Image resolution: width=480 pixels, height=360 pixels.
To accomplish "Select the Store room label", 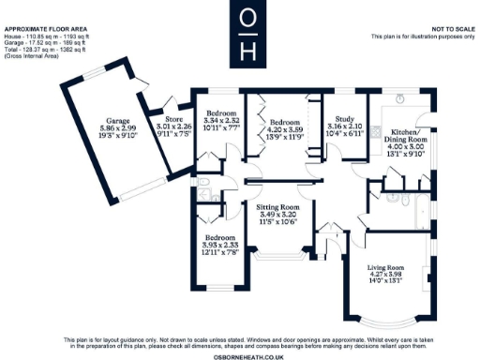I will click(173, 119).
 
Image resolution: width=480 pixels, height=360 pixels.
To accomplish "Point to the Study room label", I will click(342, 119).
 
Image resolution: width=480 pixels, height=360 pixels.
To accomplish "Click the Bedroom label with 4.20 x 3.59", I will click(284, 123).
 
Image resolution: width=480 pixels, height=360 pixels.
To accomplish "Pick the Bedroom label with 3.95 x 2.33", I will click(222, 238).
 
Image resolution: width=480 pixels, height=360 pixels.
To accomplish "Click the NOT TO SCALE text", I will click(450, 31).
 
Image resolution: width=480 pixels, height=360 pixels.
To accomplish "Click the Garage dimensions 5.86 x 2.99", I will click(117, 128).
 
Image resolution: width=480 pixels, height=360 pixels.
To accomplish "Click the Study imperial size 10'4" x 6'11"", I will click(342, 133).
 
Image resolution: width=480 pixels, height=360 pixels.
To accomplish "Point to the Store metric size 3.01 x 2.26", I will click(173, 126).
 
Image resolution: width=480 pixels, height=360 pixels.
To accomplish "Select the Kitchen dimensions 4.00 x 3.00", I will click(406, 147).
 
